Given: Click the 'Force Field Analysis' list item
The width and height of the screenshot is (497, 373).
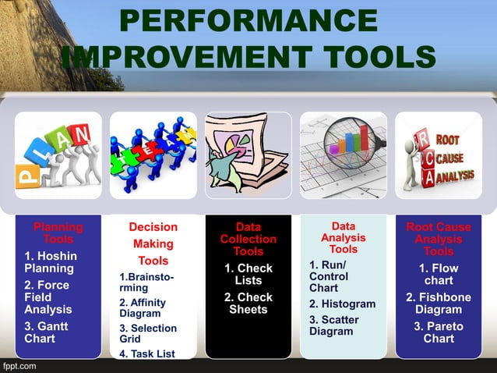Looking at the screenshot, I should [x=44, y=297].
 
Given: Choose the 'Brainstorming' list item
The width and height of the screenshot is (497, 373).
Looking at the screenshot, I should [x=146, y=282].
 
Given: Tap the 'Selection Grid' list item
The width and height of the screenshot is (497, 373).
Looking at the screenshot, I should [x=148, y=334].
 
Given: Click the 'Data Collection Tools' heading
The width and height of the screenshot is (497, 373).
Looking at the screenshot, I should [x=248, y=239].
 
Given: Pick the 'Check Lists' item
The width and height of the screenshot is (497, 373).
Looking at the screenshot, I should [x=248, y=275].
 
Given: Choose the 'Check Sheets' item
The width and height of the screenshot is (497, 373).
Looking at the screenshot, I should [x=248, y=303].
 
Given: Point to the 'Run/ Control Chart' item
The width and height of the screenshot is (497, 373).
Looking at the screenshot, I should [x=328, y=277].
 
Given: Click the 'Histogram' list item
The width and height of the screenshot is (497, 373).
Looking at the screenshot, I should [x=343, y=304].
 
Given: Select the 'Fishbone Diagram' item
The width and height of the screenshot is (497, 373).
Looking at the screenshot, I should [x=439, y=303].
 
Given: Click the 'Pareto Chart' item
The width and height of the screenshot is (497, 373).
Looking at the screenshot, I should [x=439, y=332].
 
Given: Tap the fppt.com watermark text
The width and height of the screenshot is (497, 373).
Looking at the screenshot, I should [x=21, y=365].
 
